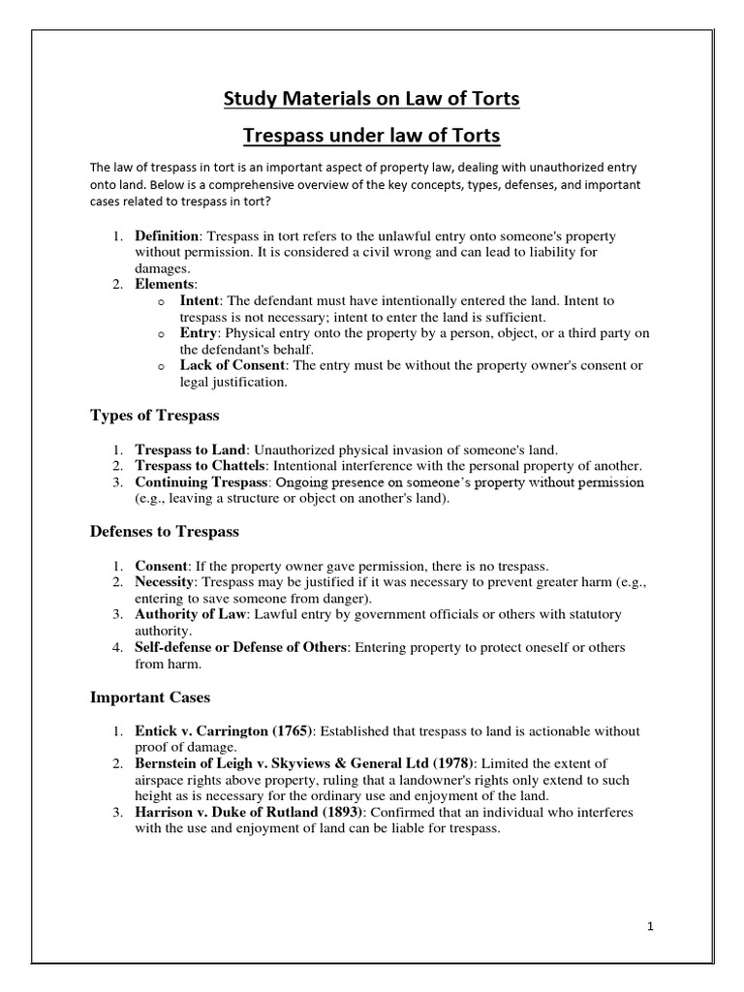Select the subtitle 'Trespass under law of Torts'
(x=372, y=134)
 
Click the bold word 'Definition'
(x=167, y=236)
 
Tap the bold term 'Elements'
(x=165, y=284)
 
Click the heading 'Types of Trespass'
(x=155, y=415)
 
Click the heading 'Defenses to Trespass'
(x=165, y=532)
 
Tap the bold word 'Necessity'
(x=166, y=582)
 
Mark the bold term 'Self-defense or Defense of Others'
(x=240, y=646)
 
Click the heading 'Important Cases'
(x=150, y=697)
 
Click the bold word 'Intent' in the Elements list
(x=201, y=300)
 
